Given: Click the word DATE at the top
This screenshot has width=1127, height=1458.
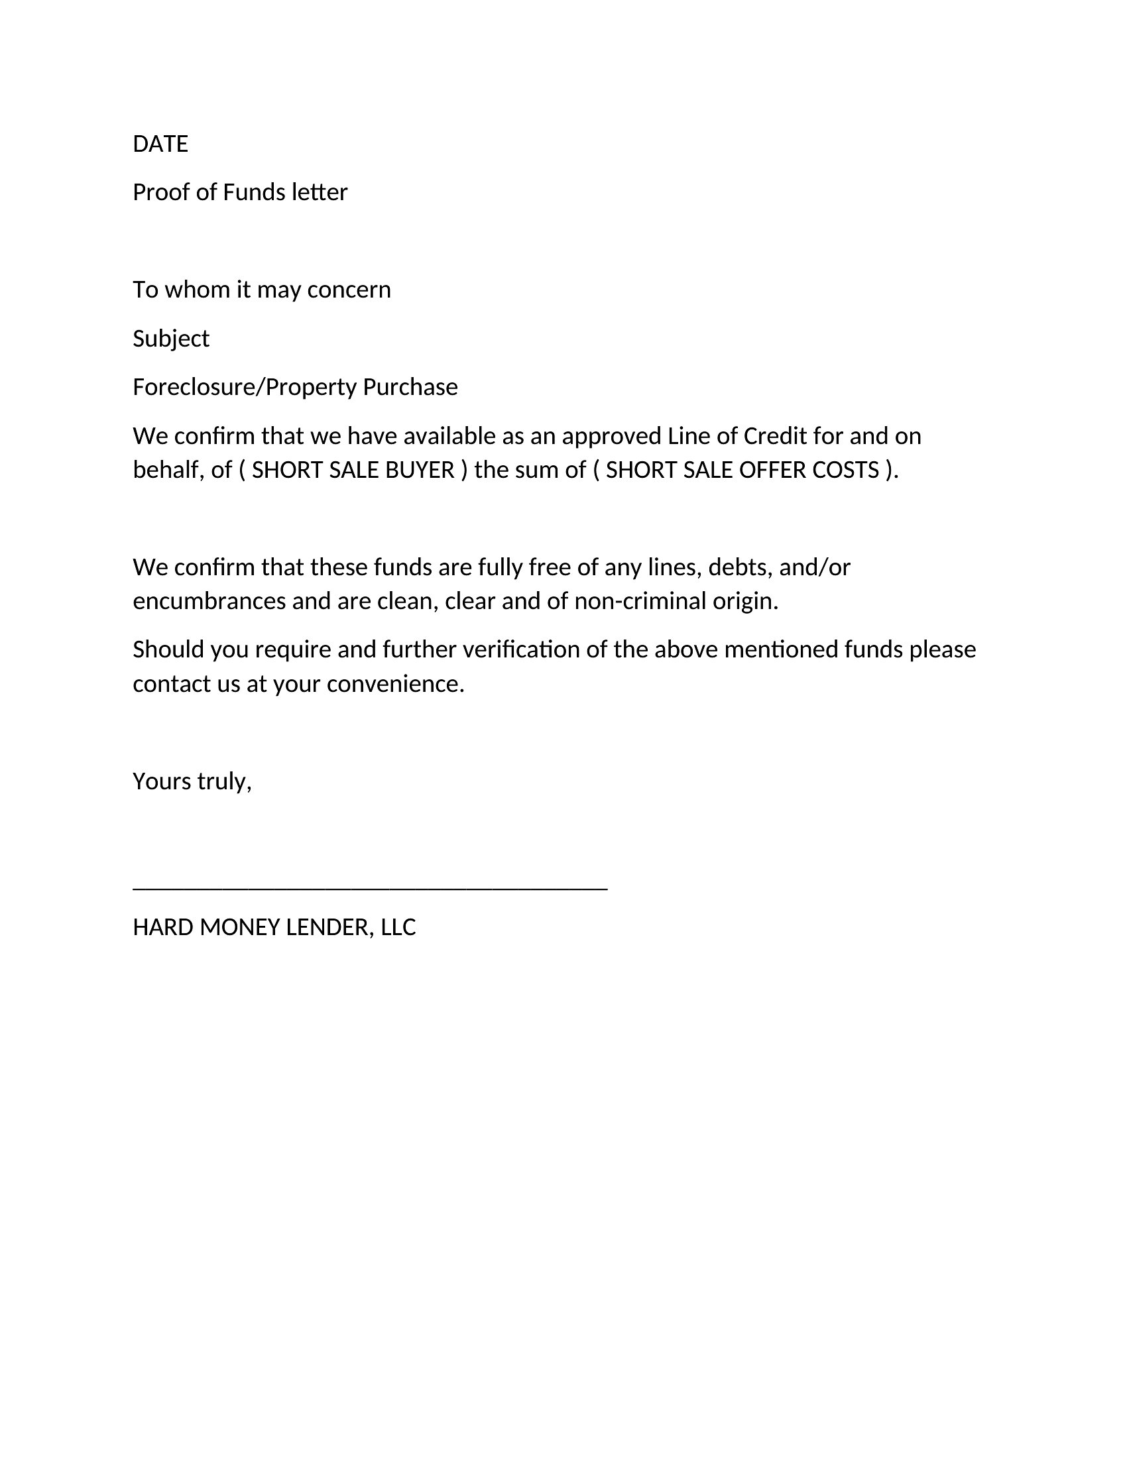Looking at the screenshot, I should tap(160, 144).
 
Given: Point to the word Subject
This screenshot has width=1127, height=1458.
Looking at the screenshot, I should tap(171, 339).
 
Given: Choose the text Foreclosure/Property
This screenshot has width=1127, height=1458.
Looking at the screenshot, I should tap(245, 387).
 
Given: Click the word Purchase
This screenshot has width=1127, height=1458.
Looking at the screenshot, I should tap(410, 387).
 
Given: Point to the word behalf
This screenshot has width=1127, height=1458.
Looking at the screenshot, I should tap(168, 471).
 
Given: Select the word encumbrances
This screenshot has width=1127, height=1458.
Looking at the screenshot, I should tap(209, 602).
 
